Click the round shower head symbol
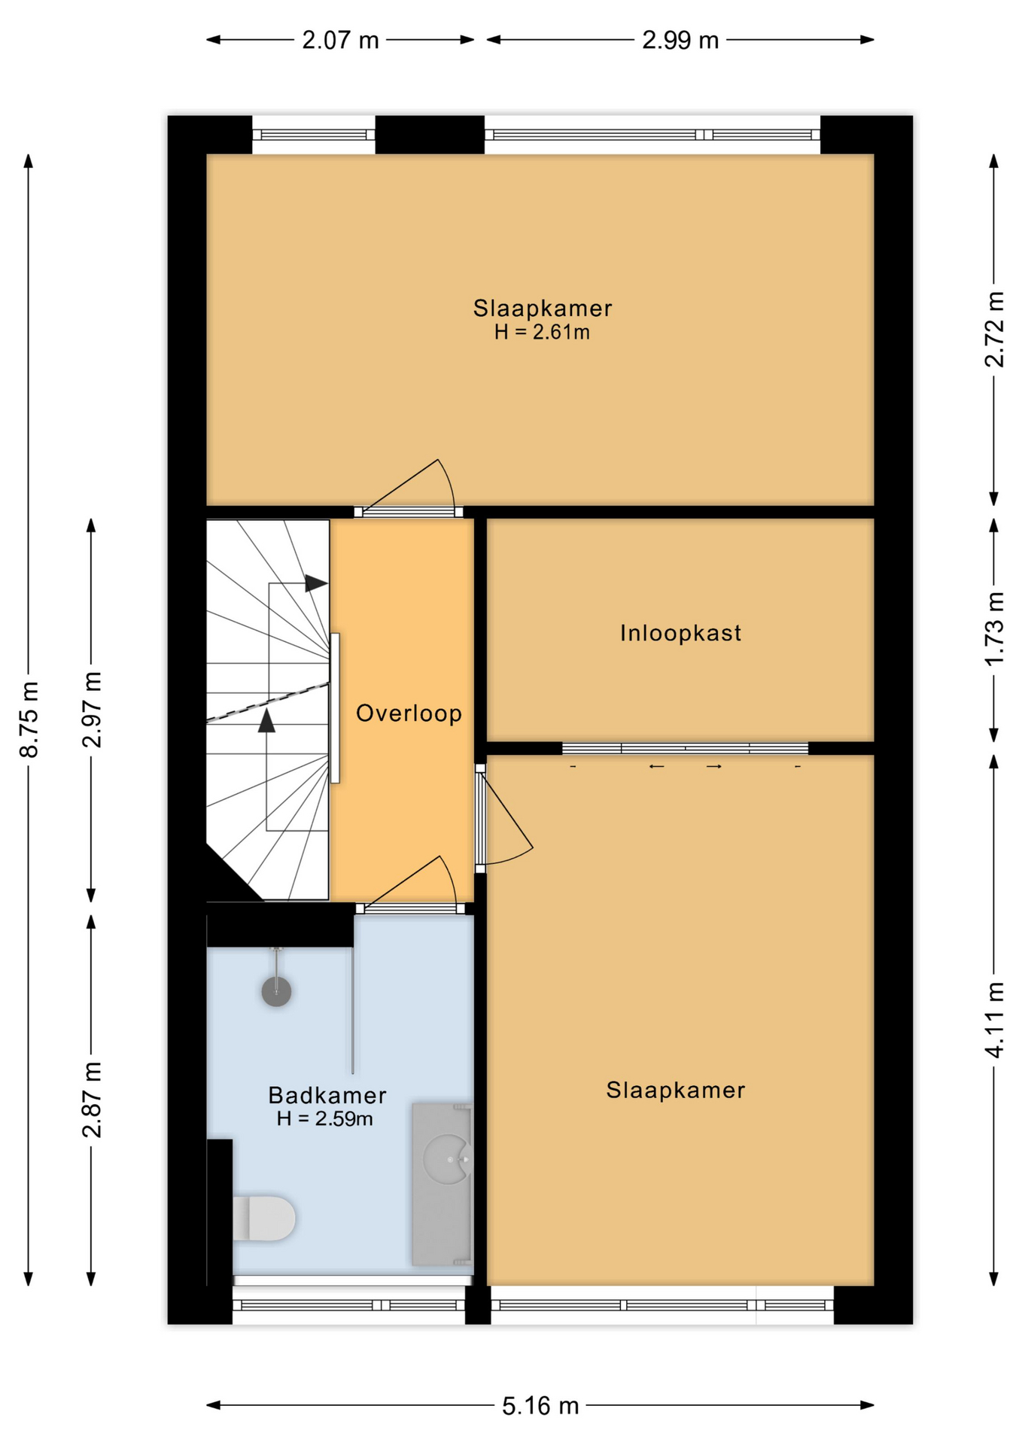tap(276, 991)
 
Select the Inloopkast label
tap(680, 633)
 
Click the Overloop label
tap(409, 713)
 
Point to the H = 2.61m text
tap(542, 332)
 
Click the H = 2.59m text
tap(324, 1118)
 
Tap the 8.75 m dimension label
tap(29, 719)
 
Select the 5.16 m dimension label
tap(540, 1405)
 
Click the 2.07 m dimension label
tap(340, 40)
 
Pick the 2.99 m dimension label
tap(680, 40)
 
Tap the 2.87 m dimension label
tap(92, 1100)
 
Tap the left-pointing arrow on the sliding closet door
tap(656, 766)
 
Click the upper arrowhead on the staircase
tap(316, 583)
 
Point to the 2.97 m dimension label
tap(92, 710)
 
